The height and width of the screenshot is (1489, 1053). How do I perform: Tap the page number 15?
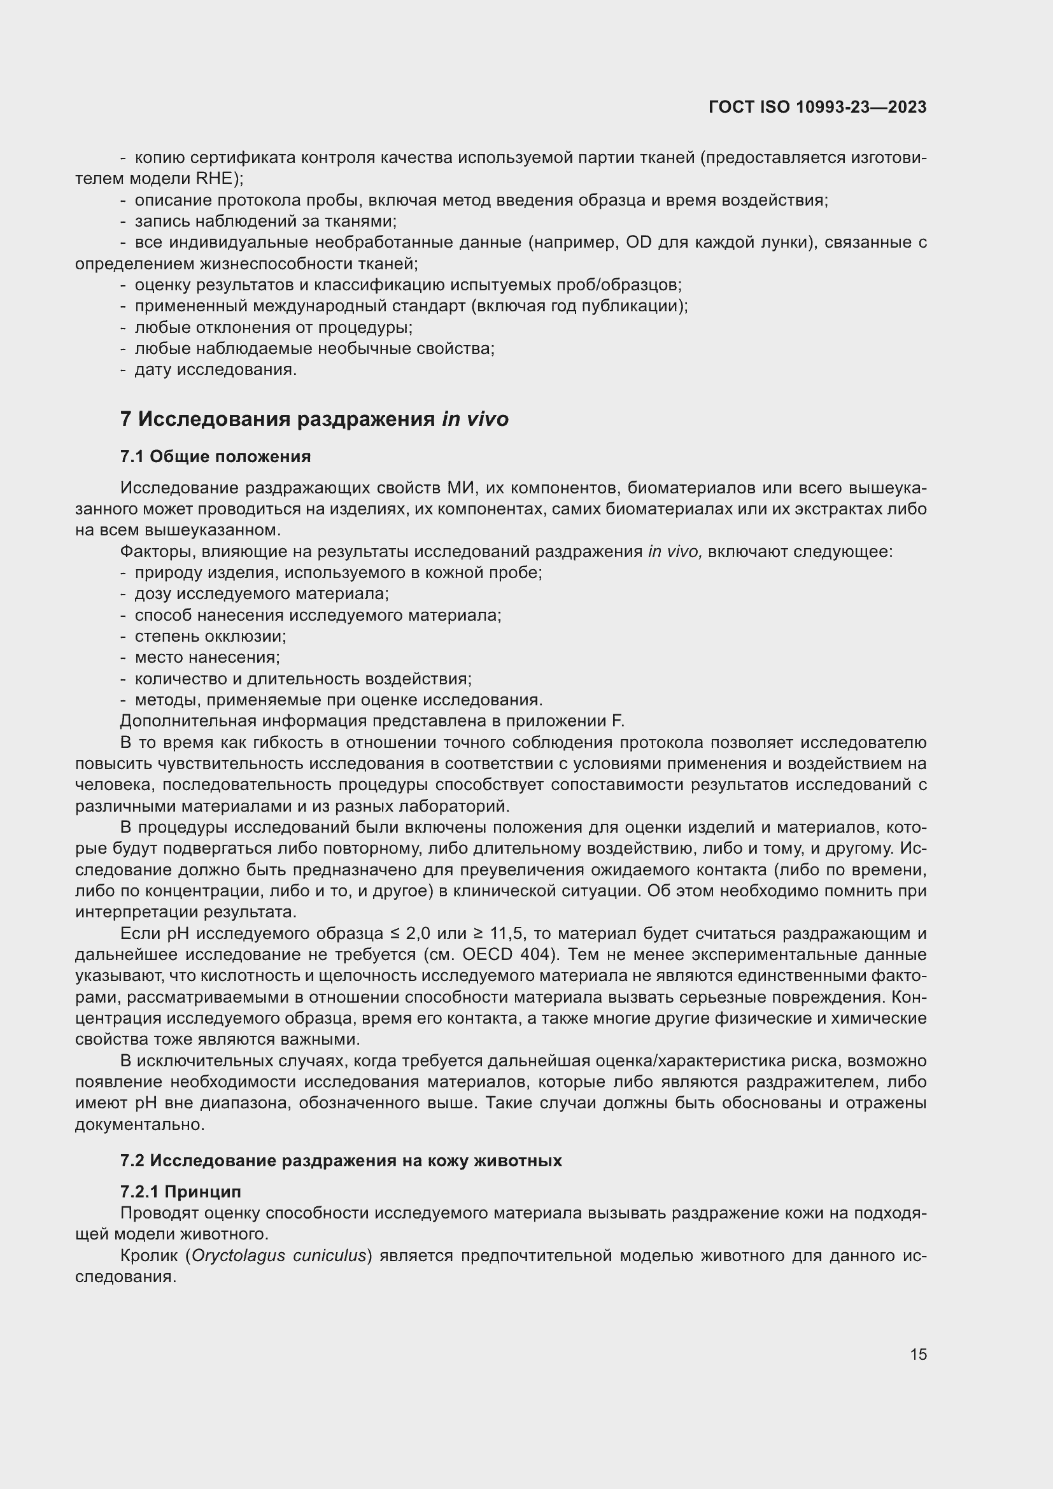918,1354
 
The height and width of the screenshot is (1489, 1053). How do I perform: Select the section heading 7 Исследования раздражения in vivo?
314,420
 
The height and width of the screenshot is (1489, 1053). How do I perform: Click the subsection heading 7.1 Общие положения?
215,456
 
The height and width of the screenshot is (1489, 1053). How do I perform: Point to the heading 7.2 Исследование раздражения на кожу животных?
341,1161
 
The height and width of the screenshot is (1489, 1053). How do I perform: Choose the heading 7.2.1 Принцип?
180,1191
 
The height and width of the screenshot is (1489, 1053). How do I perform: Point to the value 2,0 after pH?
418,933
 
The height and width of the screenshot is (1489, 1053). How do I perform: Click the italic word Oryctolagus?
238,1255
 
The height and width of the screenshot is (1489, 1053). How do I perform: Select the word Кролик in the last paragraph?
148,1255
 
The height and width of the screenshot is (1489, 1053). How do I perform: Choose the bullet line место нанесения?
207,657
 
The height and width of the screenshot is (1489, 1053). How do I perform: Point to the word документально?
140,1124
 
